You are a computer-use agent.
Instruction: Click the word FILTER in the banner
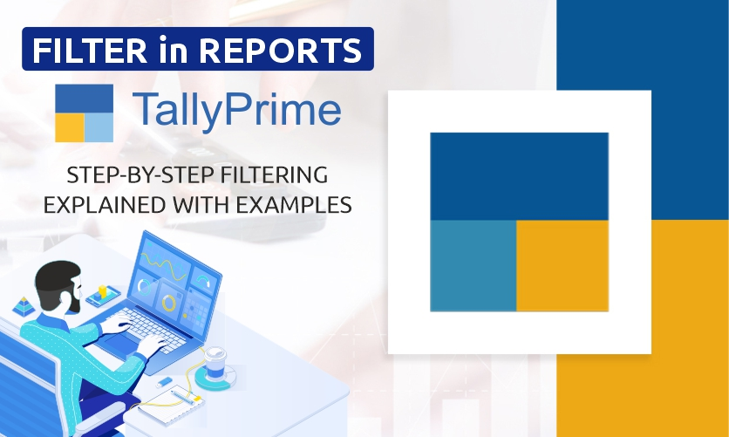pyautogui.click(x=90, y=50)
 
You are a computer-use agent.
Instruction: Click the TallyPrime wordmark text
pyautogui.click(x=237, y=109)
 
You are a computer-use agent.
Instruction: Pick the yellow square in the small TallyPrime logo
pyautogui.click(x=70, y=128)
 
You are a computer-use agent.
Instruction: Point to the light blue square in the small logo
pyautogui.click(x=99, y=128)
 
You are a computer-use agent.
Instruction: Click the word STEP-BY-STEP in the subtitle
pyautogui.click(x=141, y=175)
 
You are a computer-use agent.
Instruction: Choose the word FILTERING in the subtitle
pyautogui.click(x=275, y=175)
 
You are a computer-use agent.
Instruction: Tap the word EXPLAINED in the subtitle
pyautogui.click(x=105, y=205)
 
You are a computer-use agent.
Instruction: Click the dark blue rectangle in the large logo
pyautogui.click(x=520, y=176)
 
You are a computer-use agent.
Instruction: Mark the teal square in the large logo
pyautogui.click(x=474, y=265)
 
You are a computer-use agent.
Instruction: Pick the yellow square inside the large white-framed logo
pyautogui.click(x=562, y=265)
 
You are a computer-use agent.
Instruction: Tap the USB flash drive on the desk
pyautogui.click(x=164, y=383)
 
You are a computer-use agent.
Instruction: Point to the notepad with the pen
pyautogui.click(x=171, y=403)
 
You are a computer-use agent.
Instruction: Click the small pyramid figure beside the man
pyautogui.click(x=24, y=307)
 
